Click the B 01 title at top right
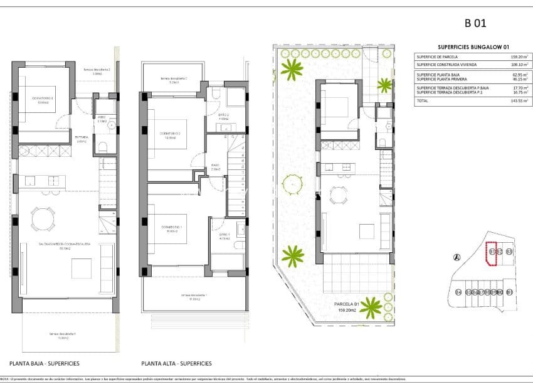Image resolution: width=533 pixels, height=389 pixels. [x=475, y=24]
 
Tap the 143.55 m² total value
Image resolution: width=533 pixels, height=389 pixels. [x=517, y=100]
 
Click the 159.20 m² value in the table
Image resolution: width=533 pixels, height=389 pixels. [x=517, y=57]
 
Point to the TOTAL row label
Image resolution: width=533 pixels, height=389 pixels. [x=423, y=100]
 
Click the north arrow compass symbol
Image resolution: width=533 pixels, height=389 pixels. [x=456, y=257]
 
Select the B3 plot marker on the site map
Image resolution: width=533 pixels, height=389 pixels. [x=509, y=252]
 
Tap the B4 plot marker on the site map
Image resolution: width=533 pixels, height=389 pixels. [x=458, y=292]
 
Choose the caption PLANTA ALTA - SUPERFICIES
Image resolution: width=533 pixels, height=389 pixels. [x=176, y=363]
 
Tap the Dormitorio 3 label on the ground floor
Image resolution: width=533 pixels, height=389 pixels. [x=43, y=99]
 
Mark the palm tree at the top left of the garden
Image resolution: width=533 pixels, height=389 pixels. [x=292, y=67]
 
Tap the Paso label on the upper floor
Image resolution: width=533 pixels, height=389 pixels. [x=215, y=166]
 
